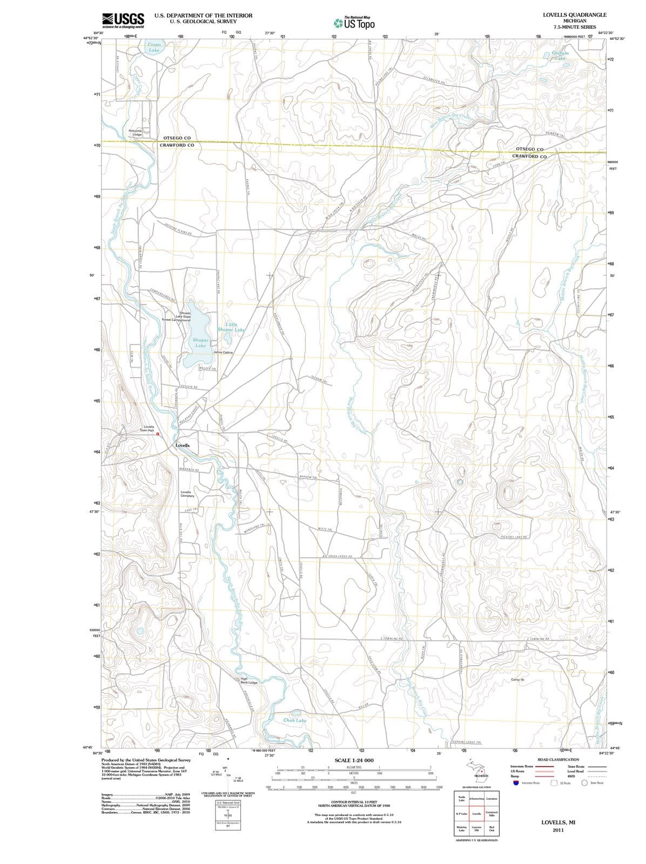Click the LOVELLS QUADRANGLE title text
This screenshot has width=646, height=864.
point(574,15)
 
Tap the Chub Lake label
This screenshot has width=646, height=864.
point(295,720)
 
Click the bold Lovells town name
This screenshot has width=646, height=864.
point(183,446)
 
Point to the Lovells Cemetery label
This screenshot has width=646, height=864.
point(187,494)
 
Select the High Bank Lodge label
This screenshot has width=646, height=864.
point(248,680)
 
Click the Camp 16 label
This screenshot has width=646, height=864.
point(517,679)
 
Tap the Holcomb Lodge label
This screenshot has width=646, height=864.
point(135,132)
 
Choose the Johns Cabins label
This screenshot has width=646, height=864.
point(223,352)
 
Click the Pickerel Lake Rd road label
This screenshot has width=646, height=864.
point(514,537)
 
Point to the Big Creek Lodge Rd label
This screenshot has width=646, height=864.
point(338,556)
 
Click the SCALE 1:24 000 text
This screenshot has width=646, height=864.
point(354,760)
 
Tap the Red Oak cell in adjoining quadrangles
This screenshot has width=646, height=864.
point(492,828)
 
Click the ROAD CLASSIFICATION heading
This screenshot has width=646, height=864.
point(558,759)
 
